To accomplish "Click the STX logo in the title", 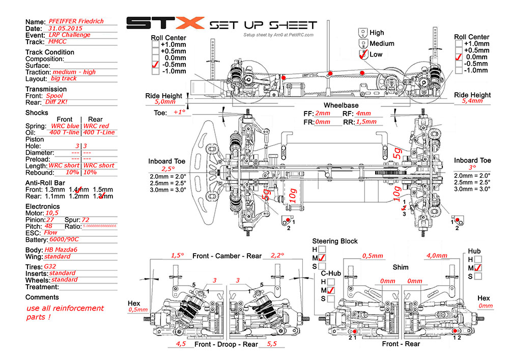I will (x=164, y=24).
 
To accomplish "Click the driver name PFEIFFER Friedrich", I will (x=76, y=21).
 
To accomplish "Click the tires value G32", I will (x=50, y=266).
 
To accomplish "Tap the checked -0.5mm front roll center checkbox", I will (x=155, y=65).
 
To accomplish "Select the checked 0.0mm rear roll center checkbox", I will (x=459, y=58).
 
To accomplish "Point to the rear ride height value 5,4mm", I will (x=472, y=102).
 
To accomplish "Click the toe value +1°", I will (x=180, y=113).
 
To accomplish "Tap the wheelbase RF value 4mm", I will (x=363, y=114).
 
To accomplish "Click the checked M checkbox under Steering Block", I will (x=322, y=259).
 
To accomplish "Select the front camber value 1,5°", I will (x=177, y=255).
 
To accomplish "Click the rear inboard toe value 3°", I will (x=472, y=167).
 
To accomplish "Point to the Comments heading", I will (x=42, y=297).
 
